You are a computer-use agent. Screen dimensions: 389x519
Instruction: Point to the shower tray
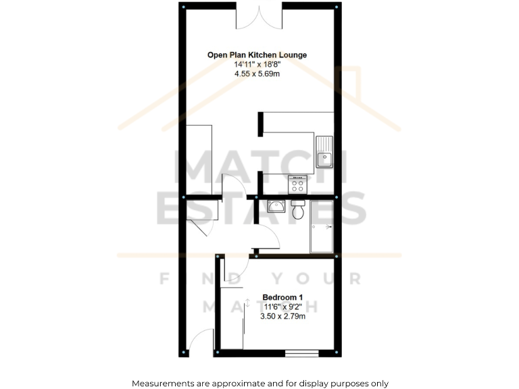[x=322, y=227]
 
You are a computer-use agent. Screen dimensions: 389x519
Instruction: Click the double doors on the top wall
[x=259, y=18]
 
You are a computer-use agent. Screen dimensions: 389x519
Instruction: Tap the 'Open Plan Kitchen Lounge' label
[x=257, y=55]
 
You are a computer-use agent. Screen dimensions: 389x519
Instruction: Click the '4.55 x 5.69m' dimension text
[x=257, y=74]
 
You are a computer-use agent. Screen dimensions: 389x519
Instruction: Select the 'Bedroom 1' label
[x=282, y=297]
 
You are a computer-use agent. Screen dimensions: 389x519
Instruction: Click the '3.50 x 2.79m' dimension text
[x=282, y=316]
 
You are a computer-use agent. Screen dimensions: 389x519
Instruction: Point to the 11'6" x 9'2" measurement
[x=282, y=307]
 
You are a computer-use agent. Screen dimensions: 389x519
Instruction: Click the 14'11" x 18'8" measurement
[x=257, y=64]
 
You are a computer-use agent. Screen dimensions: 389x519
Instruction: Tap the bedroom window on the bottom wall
[x=301, y=353]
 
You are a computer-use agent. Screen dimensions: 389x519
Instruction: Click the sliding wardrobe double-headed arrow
[x=247, y=303]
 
